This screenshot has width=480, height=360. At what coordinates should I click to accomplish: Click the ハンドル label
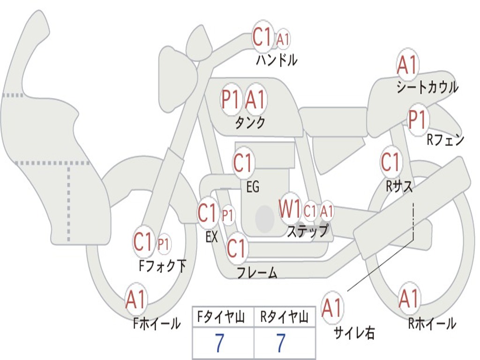(x=277, y=60)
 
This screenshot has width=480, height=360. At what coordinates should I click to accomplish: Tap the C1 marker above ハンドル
(x=262, y=37)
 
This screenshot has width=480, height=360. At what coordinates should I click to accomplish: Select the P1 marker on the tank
(x=231, y=99)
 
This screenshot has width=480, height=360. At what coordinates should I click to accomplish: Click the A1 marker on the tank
(x=255, y=99)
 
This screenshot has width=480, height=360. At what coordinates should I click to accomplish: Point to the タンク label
(x=250, y=123)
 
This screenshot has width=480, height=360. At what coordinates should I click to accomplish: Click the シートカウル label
(x=427, y=88)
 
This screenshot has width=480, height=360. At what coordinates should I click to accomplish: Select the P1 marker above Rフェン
(x=417, y=120)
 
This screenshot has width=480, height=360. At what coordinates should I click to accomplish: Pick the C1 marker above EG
(x=243, y=164)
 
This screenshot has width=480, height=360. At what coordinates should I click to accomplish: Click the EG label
(x=253, y=187)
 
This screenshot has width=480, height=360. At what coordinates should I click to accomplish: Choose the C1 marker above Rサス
(x=390, y=162)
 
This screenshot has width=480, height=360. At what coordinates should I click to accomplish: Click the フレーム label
(x=257, y=273)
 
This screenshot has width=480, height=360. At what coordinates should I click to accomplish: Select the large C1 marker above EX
(x=208, y=213)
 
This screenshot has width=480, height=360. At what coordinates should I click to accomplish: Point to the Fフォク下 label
(x=163, y=266)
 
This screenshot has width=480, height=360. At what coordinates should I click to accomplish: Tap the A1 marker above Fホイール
(x=136, y=300)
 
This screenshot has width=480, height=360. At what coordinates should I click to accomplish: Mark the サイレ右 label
(x=354, y=333)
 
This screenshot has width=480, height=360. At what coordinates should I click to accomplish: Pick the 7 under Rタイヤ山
(x=280, y=344)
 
